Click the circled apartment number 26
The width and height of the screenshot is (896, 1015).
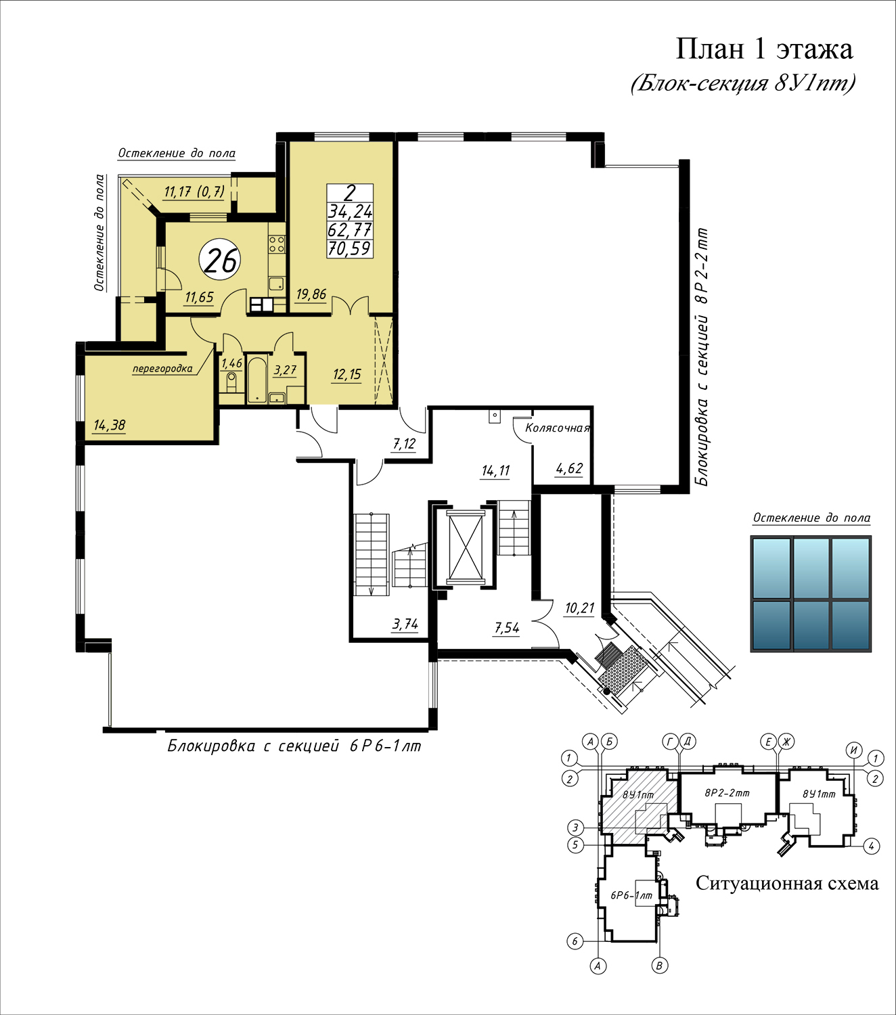(x=220, y=260)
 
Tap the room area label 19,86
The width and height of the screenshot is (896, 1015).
(x=311, y=294)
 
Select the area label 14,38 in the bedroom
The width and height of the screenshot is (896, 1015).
(x=109, y=426)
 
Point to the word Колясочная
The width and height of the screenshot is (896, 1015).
(x=557, y=428)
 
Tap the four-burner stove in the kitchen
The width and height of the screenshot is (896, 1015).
(x=277, y=244)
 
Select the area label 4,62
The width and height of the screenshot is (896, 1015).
(x=569, y=468)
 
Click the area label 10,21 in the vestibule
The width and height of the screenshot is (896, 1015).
(x=579, y=608)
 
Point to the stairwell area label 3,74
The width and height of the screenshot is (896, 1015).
(x=405, y=625)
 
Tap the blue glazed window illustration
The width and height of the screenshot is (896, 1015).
(x=811, y=593)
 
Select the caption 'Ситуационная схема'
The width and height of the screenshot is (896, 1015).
(x=787, y=883)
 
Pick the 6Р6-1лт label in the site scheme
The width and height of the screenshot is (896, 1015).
(x=631, y=895)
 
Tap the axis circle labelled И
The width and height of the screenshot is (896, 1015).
(x=854, y=750)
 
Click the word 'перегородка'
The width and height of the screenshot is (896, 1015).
(x=162, y=369)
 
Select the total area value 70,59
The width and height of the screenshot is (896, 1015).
(x=349, y=248)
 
